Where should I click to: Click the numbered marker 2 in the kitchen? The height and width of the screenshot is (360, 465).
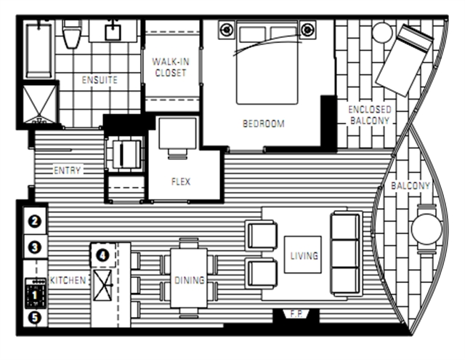click(35, 221)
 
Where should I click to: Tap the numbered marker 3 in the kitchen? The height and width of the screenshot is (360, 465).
click(35, 247)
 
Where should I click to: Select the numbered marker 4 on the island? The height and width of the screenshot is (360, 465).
click(102, 255)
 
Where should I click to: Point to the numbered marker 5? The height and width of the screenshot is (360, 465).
click(35, 318)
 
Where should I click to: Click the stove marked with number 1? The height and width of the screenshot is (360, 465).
click(35, 293)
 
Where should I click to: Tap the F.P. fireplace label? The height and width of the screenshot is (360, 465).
click(296, 314)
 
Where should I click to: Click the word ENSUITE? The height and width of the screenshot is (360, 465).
click(100, 80)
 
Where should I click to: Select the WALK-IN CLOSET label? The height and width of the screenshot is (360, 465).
click(171, 68)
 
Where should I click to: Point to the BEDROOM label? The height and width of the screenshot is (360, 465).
click(264, 124)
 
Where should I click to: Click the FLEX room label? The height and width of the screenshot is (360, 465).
click(181, 181)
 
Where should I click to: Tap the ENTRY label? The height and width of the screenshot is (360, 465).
click(67, 170)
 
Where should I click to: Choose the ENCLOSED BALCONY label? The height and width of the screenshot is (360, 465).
click(370, 115)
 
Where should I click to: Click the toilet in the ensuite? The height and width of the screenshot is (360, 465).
click(72, 33)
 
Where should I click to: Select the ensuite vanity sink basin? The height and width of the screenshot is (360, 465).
click(113, 32)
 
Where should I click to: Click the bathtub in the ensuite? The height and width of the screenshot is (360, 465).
click(39, 50)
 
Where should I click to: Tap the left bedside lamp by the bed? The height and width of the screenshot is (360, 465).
click(227, 30)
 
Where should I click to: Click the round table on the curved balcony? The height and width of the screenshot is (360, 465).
click(426, 229)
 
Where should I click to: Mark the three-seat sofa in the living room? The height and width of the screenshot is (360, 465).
click(347, 254)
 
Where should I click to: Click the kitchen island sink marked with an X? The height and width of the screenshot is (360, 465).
click(102, 285)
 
